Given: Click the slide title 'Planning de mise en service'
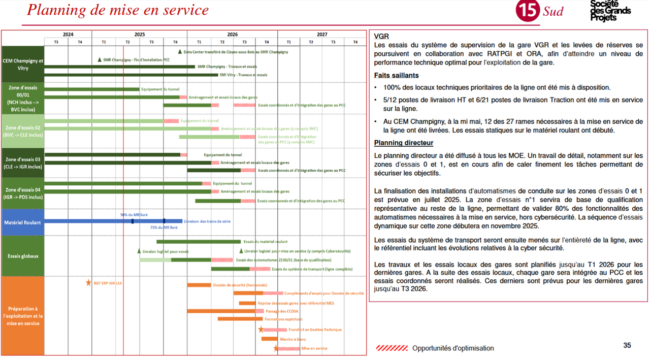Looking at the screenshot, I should click(x=118, y=10).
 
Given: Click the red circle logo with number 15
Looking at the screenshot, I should click(x=528, y=10).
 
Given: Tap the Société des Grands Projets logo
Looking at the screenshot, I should click(x=610, y=10).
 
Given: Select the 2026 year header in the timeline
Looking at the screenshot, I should click(x=232, y=35).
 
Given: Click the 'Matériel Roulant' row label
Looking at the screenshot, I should click(x=22, y=222).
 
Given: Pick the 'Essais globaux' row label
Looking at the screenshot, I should click(x=22, y=256).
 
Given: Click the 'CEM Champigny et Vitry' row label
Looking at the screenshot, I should click(x=22, y=64).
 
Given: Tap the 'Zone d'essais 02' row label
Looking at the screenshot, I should click(x=22, y=132).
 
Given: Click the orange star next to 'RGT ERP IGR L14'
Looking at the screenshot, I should click(x=88, y=283).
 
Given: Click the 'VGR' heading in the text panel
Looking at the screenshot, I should click(x=381, y=37).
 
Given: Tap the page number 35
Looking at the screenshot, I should click(x=627, y=345).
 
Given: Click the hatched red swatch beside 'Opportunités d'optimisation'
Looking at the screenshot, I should click(x=392, y=348).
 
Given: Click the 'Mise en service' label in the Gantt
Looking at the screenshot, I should click(x=314, y=348).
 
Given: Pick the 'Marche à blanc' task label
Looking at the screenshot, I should click(x=293, y=339).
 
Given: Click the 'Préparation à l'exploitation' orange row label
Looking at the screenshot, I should click(x=22, y=316).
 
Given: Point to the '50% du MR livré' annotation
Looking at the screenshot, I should click(x=134, y=215).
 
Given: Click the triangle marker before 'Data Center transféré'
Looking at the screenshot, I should click(x=180, y=52).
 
